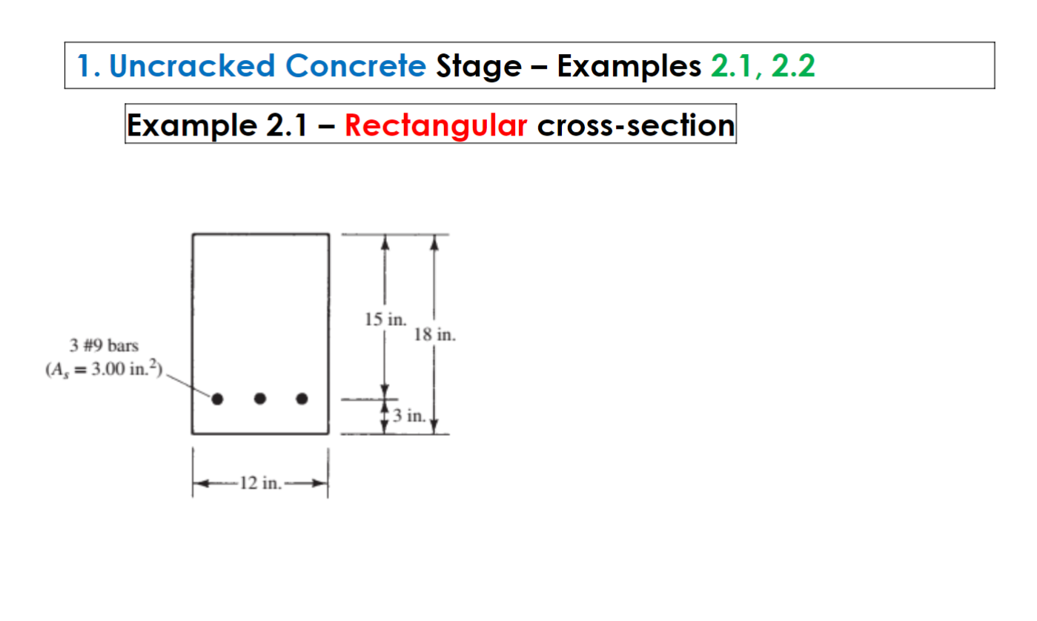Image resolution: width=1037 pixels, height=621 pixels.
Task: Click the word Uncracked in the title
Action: point(192,66)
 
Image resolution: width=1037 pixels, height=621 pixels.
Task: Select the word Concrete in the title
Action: point(355,66)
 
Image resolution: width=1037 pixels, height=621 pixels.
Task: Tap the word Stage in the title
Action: point(479,66)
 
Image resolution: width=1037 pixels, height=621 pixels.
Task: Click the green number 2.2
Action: point(793,66)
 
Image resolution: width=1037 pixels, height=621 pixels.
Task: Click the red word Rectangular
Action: point(436,124)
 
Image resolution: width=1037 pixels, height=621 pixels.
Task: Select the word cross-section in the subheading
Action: point(635,124)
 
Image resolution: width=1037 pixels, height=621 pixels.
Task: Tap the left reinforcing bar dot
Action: point(217,399)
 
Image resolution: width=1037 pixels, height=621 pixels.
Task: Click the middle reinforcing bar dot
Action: point(259,399)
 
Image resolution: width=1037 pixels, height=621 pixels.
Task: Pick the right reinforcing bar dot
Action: point(302,399)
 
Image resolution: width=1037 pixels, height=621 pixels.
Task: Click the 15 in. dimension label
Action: point(385,320)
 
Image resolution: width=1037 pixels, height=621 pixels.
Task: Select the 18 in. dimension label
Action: point(435,334)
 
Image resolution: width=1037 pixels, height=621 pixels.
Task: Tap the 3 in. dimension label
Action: point(409,415)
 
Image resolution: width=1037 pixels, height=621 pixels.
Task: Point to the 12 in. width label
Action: point(260,484)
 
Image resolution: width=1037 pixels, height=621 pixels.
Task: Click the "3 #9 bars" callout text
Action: point(104,347)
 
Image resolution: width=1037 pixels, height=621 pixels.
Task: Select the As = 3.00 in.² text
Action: point(102,370)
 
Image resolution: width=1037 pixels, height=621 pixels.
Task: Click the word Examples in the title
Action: point(629,66)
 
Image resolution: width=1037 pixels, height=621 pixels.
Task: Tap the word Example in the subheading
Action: point(190,124)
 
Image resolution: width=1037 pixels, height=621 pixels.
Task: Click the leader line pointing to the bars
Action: point(189,386)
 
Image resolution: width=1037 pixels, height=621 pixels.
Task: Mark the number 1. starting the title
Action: point(89,66)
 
